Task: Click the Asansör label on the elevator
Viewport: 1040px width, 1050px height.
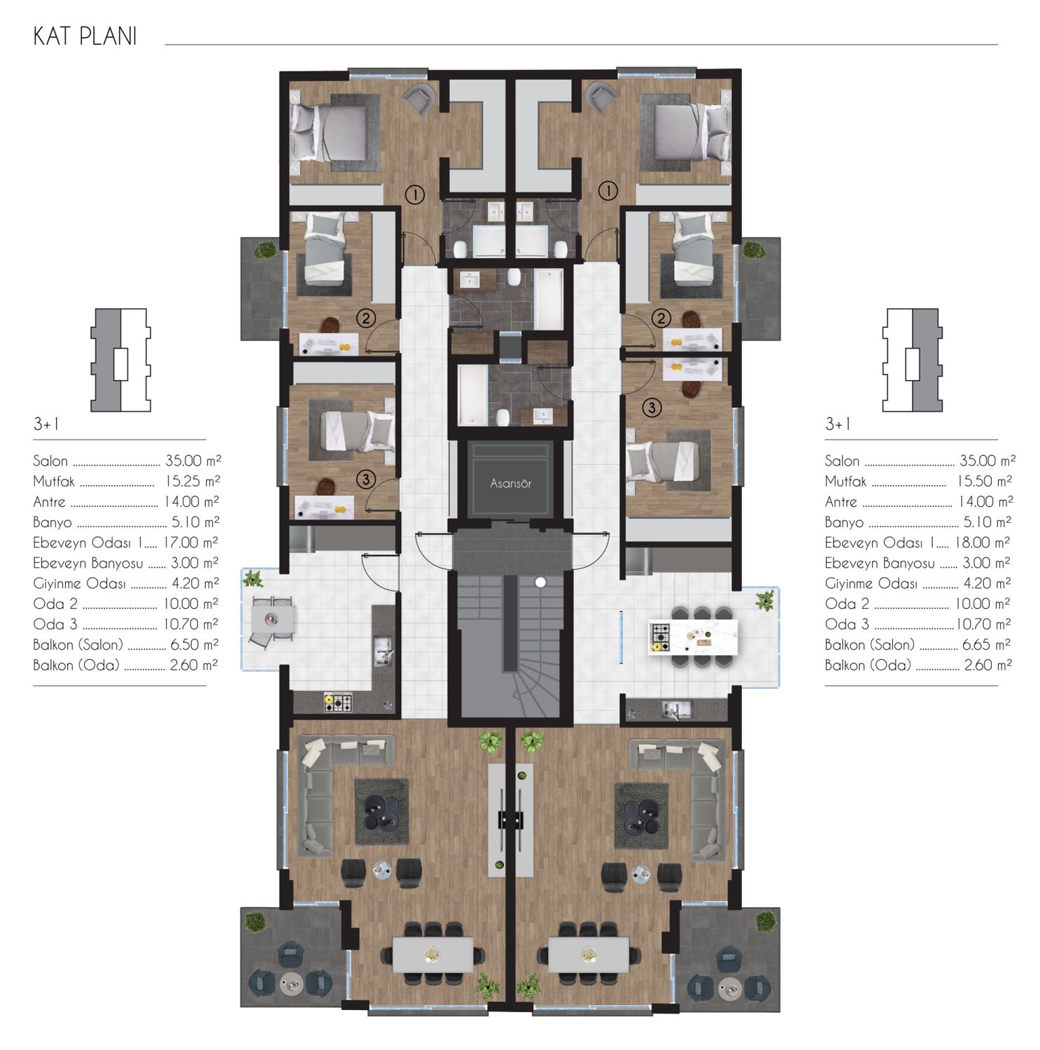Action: [x=510, y=484]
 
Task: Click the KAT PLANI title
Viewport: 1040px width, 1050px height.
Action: [x=85, y=36]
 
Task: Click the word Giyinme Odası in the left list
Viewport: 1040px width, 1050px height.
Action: [x=79, y=584]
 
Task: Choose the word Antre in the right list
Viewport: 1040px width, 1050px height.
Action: [x=841, y=502]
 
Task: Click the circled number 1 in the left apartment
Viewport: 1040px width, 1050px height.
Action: [x=415, y=195]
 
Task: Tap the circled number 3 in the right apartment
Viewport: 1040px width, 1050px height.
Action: [x=652, y=407]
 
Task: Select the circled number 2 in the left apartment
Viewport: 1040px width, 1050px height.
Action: [x=366, y=318]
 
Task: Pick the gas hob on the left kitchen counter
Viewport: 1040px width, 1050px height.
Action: [x=338, y=702]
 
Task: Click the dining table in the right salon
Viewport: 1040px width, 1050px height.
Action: [x=589, y=955]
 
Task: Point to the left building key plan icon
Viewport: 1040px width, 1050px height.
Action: [x=120, y=360]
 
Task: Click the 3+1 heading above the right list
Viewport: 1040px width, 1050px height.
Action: [x=838, y=424]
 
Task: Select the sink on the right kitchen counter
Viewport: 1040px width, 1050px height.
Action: [x=677, y=710]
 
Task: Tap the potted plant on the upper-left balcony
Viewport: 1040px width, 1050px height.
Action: [x=265, y=250]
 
